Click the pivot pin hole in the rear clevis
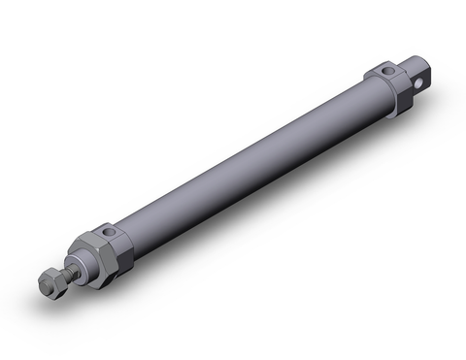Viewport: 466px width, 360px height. point(418,83)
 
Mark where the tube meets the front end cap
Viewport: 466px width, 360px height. point(124,254)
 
